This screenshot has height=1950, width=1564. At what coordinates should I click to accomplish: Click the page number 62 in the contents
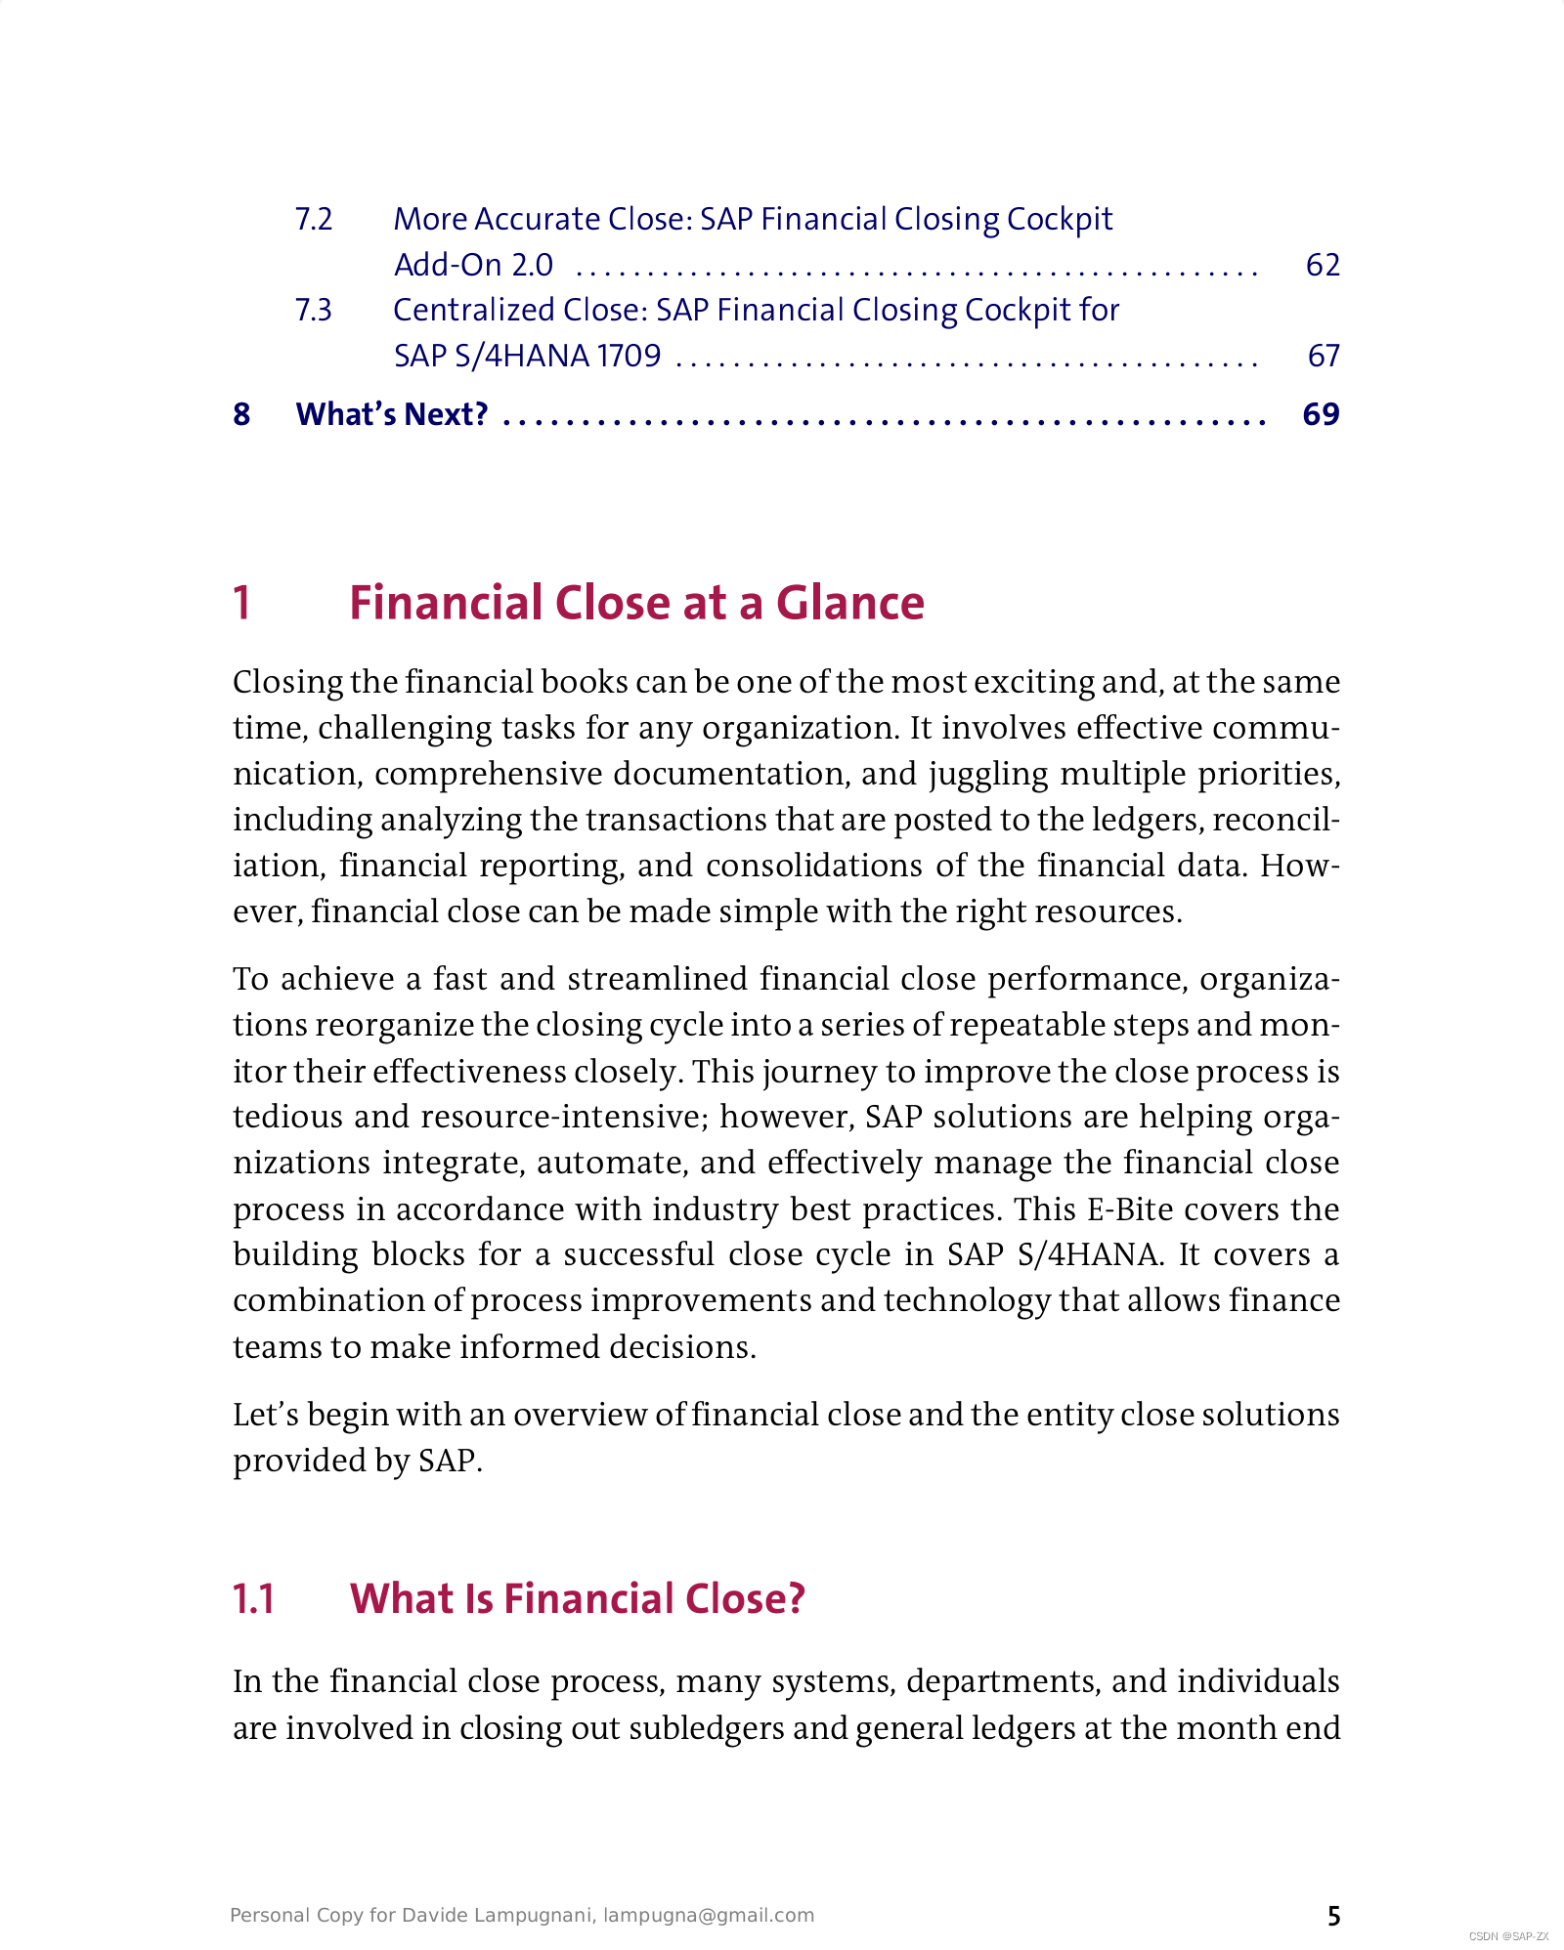(1322, 265)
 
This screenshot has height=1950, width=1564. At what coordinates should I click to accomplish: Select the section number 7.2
(314, 219)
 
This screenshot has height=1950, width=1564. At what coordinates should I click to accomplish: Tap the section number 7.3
(314, 310)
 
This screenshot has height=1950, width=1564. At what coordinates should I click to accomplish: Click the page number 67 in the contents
(1323, 356)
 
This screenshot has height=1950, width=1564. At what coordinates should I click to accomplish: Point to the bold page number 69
(1321, 414)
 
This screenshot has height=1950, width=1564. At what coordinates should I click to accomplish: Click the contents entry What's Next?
(392, 414)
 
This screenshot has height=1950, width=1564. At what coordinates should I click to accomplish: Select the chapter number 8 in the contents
(241, 414)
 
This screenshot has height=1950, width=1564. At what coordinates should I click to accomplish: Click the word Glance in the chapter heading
(849, 603)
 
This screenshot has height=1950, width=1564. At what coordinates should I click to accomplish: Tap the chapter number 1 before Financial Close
(242, 603)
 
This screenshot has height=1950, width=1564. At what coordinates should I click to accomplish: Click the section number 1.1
(253, 1599)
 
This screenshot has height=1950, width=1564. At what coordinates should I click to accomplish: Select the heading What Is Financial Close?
(577, 1599)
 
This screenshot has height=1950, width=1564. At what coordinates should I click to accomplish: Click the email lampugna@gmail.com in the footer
(709, 1915)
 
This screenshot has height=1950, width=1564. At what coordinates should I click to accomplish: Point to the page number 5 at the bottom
(1333, 1916)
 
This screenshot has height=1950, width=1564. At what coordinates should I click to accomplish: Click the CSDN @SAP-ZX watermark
(1508, 1936)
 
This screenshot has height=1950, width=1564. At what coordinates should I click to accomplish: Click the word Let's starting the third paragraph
(265, 1414)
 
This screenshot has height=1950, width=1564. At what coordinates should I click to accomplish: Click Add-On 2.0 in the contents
(473, 265)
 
